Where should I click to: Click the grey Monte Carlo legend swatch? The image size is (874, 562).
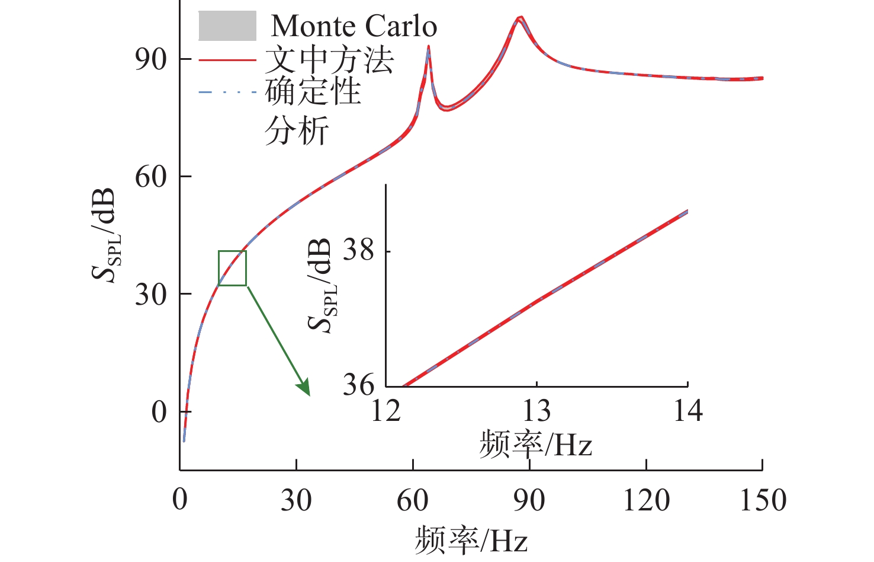point(227,26)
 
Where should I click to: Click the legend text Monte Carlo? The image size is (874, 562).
point(354,26)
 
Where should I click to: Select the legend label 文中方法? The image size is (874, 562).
point(329,60)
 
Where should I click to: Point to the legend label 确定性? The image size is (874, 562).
point(313,92)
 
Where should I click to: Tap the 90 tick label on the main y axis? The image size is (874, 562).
point(150,59)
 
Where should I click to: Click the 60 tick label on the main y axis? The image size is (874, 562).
point(150,177)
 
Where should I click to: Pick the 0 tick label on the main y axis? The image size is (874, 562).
point(159,412)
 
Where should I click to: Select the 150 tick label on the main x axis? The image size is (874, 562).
point(763,500)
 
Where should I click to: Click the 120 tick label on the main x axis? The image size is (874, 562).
point(646,500)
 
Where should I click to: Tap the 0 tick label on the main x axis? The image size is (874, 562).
point(180,500)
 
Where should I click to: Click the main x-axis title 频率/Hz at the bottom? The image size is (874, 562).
point(471,539)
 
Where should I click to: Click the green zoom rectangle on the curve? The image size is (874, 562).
point(232,268)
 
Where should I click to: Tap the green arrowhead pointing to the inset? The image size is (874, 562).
point(304,388)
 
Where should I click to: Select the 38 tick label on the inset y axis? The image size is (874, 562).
point(359,251)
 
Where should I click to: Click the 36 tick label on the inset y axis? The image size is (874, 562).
point(359,386)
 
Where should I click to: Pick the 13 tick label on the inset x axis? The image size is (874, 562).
point(536,411)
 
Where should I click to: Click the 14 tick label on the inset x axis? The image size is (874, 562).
point(687,411)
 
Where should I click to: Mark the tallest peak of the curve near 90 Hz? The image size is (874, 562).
point(520,18)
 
